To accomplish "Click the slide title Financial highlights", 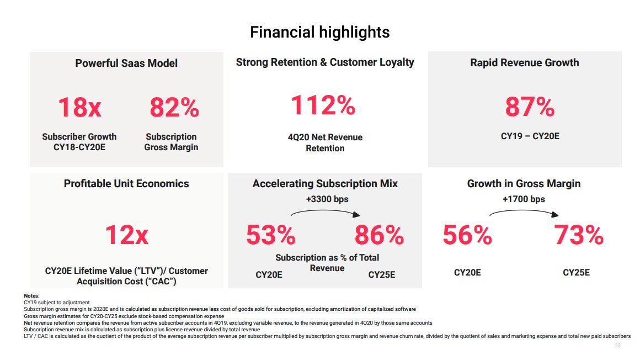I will tap(319, 32).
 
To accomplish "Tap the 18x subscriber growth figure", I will tap(79, 107).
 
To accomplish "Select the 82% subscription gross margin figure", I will tap(174, 107).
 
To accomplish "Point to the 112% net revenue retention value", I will tap(323, 105).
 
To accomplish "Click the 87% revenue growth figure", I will tap(529, 107).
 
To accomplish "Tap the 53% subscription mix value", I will tap(270, 236).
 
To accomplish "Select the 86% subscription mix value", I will tap(379, 236).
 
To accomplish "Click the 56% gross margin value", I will tap(467, 236).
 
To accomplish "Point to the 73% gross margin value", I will tap(578, 236).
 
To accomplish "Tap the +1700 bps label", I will tap(524, 199).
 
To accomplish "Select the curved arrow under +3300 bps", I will tap(325, 211).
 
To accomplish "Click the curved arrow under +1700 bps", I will tap(524, 211).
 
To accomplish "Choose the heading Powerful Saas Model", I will tap(126, 63).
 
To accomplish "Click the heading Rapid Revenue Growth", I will tap(524, 62).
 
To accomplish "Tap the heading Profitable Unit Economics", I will tap(126, 184).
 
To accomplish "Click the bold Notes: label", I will tap(31, 297).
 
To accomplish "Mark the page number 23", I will tap(617, 346).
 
